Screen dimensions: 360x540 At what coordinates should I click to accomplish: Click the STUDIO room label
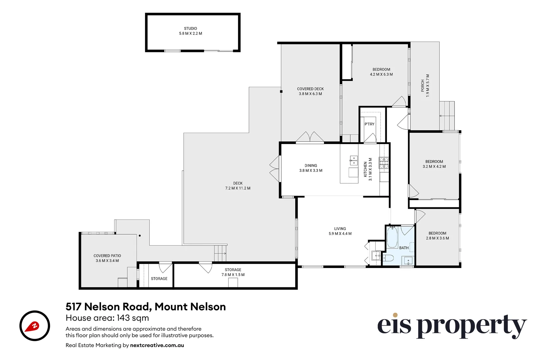point(190,29)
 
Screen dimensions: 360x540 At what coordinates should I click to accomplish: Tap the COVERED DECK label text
point(310,89)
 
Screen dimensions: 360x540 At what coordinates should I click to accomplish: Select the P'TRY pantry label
point(369,124)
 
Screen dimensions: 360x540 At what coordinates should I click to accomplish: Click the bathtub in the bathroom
point(392,238)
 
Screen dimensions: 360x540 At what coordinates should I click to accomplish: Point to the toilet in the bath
point(388,258)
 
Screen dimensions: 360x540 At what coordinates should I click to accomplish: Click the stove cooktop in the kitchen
point(384,162)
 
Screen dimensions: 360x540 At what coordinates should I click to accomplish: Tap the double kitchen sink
point(353,160)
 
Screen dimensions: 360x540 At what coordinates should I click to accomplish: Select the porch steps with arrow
point(447,116)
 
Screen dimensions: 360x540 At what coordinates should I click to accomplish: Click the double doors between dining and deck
point(275,169)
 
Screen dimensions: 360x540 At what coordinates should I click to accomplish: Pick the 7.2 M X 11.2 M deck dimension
point(238,188)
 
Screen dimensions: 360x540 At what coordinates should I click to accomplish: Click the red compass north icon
point(35,326)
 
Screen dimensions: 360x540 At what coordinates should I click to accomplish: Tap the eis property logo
point(452,326)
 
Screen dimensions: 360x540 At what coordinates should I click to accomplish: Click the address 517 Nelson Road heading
point(146,307)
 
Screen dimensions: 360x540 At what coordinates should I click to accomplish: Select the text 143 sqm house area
point(133,318)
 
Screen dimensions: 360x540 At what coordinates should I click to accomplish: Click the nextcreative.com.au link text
point(157,345)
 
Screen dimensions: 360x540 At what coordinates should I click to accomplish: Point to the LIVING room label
point(340,229)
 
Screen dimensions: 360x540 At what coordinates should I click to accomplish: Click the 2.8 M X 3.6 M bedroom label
point(437,238)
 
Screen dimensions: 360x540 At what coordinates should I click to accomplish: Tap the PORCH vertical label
point(423,86)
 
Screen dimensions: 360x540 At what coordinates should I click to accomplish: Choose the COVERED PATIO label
point(107,256)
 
